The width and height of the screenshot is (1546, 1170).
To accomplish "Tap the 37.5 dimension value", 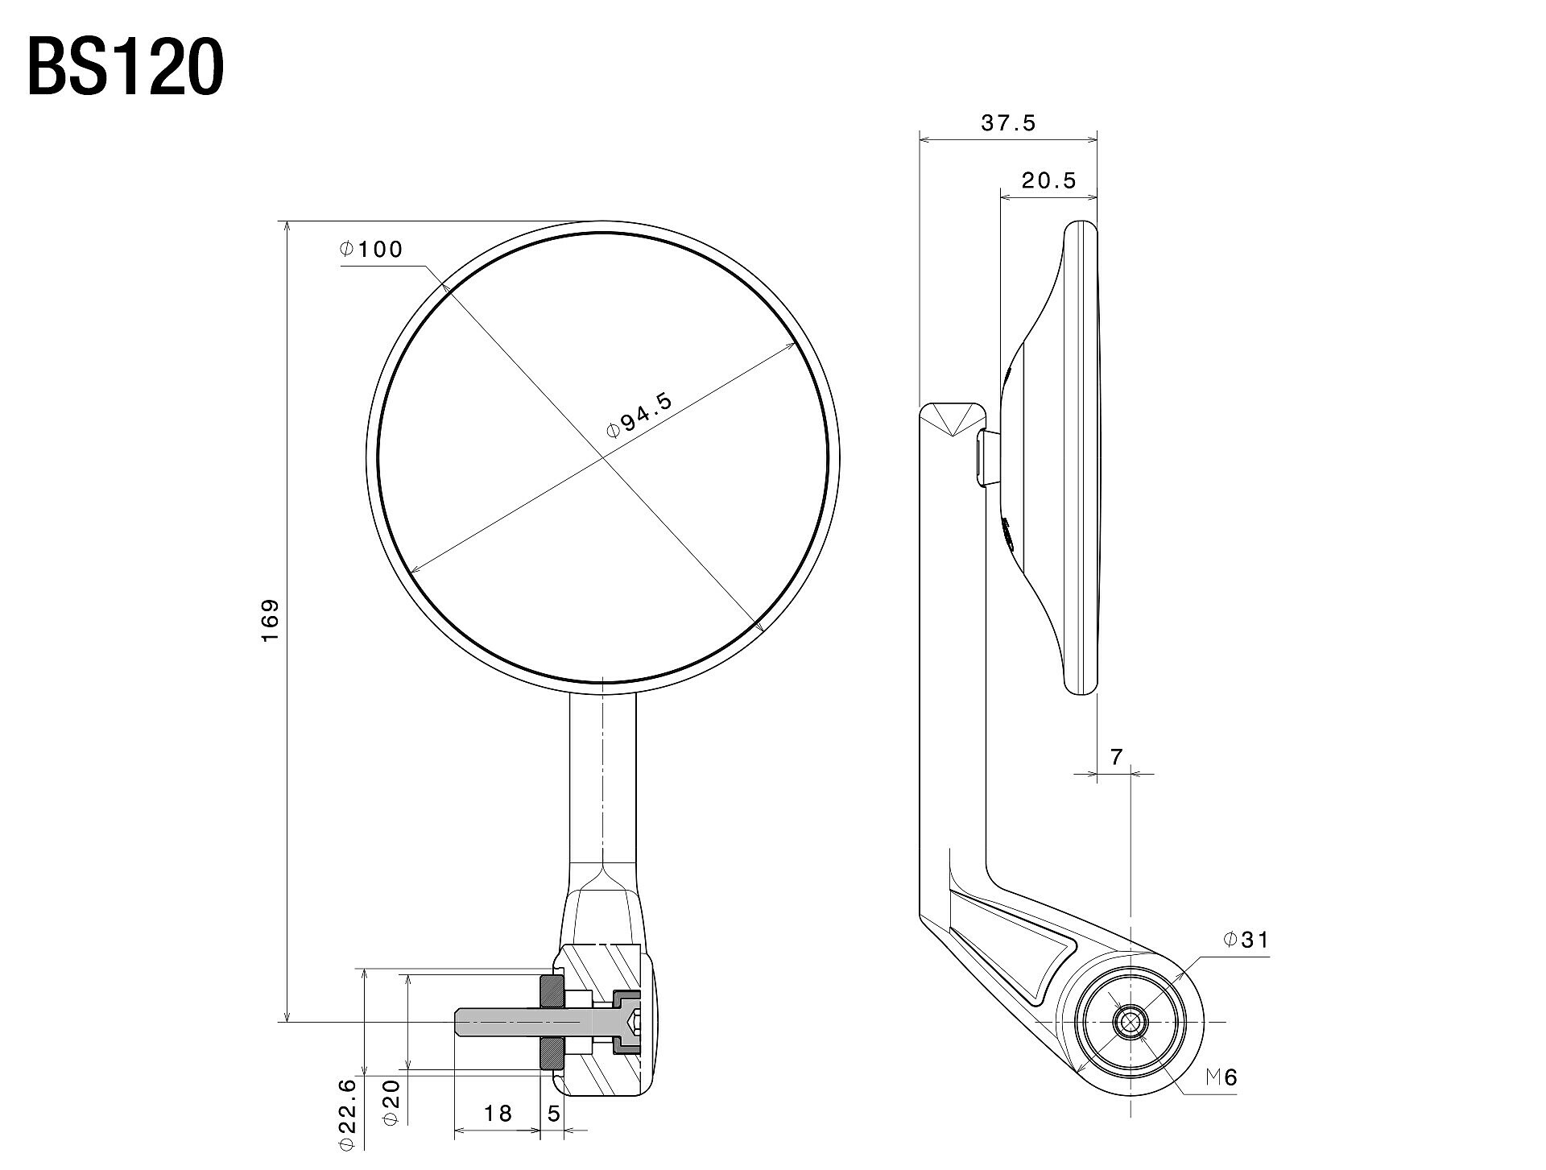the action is coord(1008,123).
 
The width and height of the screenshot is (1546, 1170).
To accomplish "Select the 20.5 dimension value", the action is coord(1048,180).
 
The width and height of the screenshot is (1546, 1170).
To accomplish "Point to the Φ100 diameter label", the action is coord(370,249).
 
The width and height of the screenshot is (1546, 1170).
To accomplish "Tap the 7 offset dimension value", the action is coord(1116,757).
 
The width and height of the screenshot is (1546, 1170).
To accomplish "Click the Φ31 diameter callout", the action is coord(1246,939).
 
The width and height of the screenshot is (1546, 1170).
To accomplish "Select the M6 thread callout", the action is coord(1221,1077).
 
